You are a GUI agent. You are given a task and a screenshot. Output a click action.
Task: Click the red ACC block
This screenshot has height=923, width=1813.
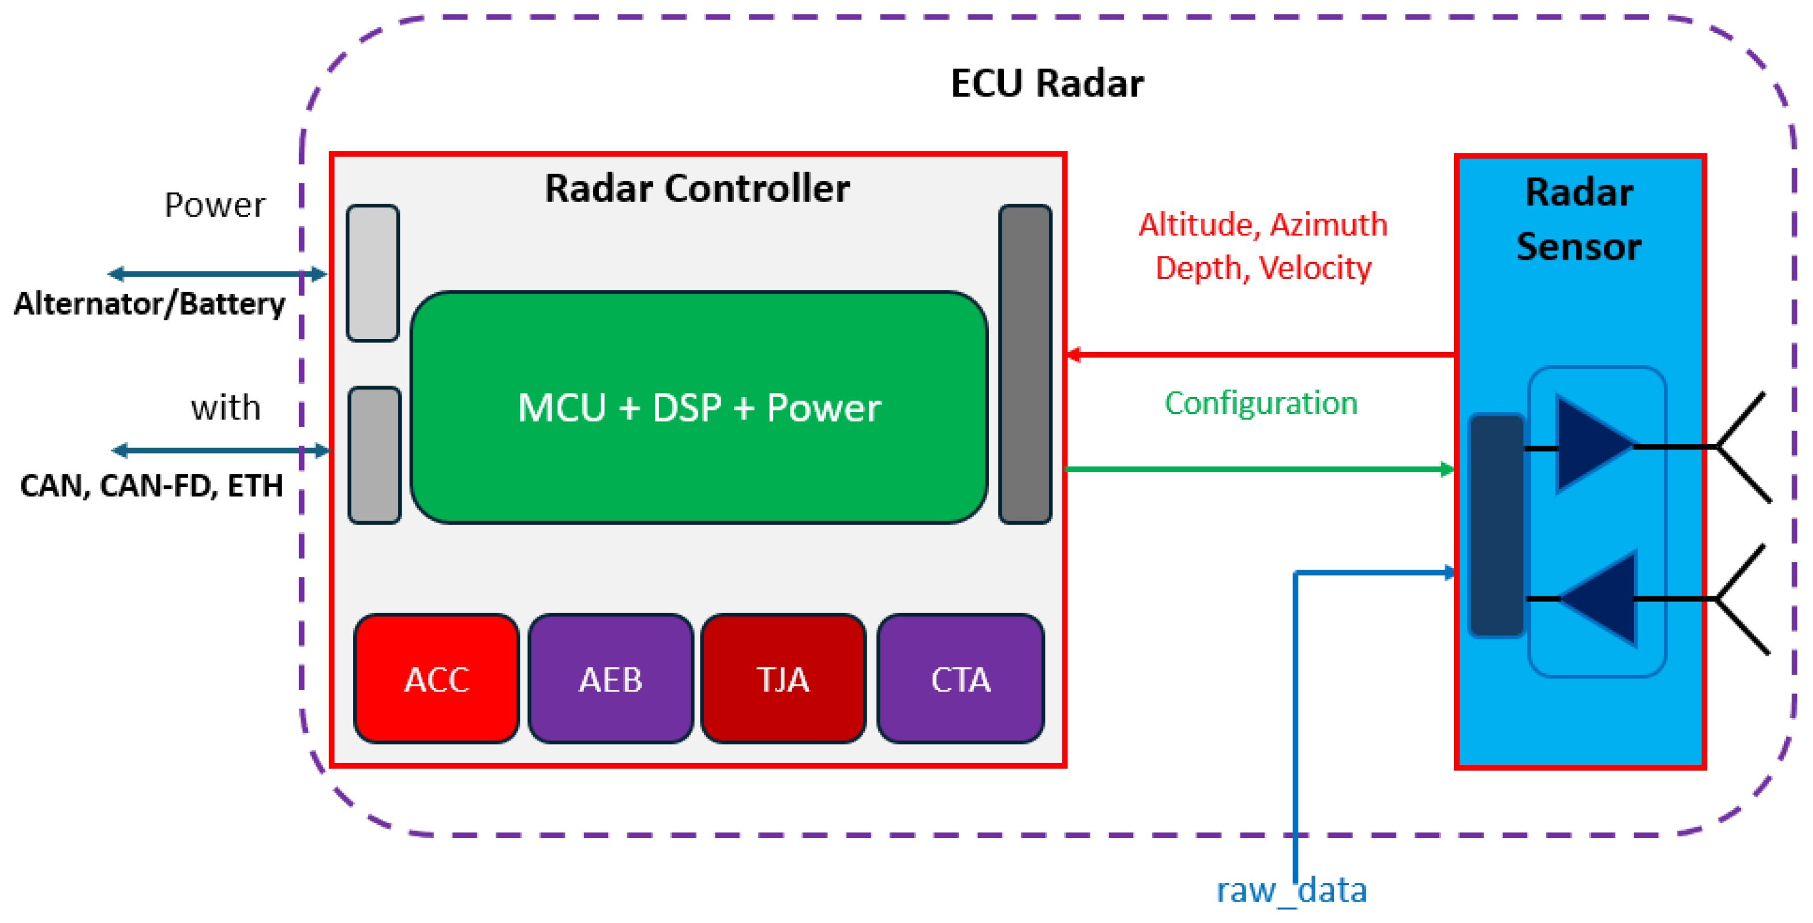[x=436, y=679]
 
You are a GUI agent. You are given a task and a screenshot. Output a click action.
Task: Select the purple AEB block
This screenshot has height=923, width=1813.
[x=610, y=679]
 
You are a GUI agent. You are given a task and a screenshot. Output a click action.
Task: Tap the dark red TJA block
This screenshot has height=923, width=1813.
[x=782, y=679]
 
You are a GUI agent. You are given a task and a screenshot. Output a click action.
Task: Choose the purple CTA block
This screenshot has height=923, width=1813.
[x=960, y=679]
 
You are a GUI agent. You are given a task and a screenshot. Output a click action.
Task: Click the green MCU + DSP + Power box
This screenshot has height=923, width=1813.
[x=699, y=407]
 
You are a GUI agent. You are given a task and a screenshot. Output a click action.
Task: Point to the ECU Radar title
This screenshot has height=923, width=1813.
[x=1047, y=83]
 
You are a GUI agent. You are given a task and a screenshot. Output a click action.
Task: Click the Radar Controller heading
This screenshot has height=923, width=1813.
[x=697, y=188]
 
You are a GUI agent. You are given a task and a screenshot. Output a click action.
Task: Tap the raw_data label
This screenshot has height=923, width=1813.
[x=1291, y=890]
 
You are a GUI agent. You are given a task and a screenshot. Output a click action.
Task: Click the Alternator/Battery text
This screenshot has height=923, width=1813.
[x=149, y=304]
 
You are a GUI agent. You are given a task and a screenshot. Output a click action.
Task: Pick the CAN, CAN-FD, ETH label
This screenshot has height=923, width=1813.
[x=151, y=485]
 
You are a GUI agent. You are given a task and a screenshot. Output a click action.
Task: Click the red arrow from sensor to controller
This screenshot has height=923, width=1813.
[x=1260, y=355]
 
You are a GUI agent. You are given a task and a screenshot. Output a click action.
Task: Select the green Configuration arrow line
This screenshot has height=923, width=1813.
[x=1260, y=469]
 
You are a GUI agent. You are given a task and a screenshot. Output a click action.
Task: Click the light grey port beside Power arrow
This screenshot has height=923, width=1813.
[x=372, y=273]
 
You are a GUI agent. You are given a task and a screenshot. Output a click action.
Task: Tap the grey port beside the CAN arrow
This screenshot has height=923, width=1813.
[x=374, y=455]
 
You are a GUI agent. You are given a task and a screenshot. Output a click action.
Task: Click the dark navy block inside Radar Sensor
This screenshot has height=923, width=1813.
[x=1496, y=525]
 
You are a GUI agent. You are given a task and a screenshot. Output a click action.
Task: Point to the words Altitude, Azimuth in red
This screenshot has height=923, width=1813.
[x=1263, y=225]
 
